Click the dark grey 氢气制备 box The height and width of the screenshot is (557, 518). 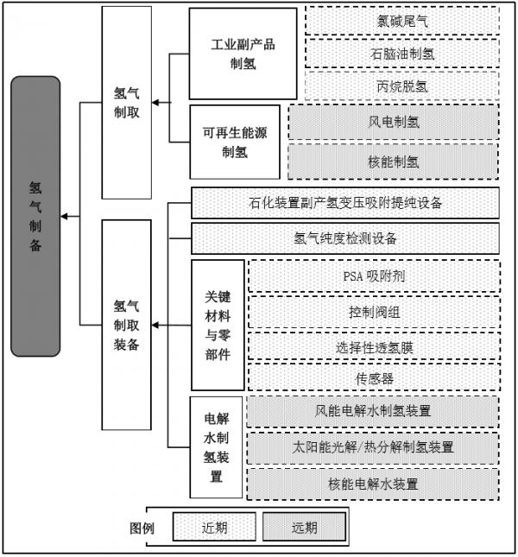tap(35, 216)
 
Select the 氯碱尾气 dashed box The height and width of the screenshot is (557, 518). tap(402, 21)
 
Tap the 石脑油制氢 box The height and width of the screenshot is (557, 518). tap(402, 54)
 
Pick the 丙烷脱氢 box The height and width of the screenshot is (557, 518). tap(402, 86)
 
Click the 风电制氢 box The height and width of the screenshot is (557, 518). tap(394, 122)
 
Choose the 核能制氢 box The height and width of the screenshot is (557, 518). tap(394, 161)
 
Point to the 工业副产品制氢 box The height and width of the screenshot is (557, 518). tap(243, 54)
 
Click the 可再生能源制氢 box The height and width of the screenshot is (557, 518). tap(235, 142)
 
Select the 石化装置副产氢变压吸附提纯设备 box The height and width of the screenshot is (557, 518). tap(345, 203)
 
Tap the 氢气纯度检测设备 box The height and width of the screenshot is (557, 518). tap(345, 238)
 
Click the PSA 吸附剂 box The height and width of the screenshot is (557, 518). tap(374, 276)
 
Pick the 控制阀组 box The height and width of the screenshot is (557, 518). tap(374, 313)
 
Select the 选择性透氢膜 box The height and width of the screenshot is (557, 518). tap(374, 346)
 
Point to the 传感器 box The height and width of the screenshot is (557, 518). tap(374, 378)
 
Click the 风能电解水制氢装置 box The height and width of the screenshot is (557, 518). tap(373, 411)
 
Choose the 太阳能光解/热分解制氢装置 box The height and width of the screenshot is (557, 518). tap(373, 447)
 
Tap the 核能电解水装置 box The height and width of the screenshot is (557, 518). tap(373, 484)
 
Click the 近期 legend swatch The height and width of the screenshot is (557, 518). tap(214, 527)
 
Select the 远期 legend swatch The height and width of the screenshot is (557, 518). tap(304, 527)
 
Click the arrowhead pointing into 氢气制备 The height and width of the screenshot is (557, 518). tap(64, 216)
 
